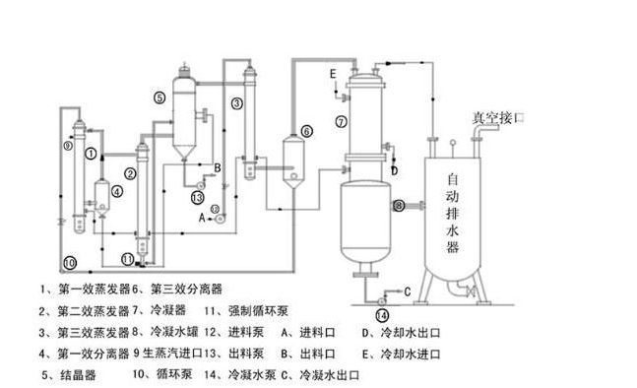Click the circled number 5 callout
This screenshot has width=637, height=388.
159,97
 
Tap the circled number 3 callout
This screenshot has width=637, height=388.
237,102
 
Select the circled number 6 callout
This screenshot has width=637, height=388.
306,130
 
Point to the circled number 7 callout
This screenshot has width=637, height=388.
341,122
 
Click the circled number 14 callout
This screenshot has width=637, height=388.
382,315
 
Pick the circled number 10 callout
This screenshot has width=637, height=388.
70,263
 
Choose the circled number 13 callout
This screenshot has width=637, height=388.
197,197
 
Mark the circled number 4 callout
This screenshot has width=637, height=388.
117,192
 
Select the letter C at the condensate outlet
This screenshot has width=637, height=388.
406,291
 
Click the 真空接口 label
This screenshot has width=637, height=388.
498,116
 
